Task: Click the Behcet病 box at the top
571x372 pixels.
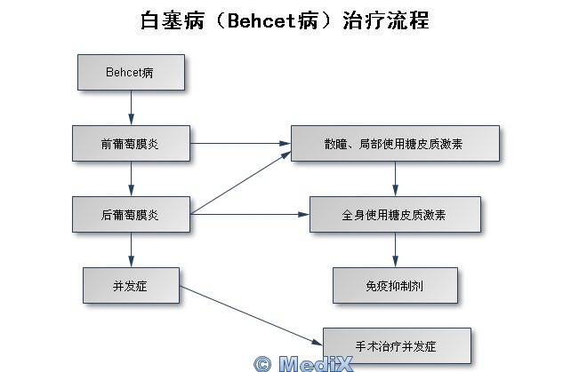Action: pos(131,72)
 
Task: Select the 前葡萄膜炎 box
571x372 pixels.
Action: pos(131,143)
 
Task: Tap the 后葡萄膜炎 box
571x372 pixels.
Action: pos(131,214)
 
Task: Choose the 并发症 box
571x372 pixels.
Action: pos(131,285)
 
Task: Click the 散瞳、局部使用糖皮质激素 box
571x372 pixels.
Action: pos(395,143)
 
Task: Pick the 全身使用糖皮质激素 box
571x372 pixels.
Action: pos(395,214)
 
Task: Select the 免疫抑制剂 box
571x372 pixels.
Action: pos(395,285)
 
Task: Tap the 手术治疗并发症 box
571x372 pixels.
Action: pos(396,344)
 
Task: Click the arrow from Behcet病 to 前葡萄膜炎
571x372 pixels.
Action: pos(131,107)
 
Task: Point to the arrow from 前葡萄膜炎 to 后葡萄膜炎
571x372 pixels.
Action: pos(131,178)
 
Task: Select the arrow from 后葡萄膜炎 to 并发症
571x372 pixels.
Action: pos(131,249)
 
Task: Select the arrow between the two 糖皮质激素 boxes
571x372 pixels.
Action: pos(395,178)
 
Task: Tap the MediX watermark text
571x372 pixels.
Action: pos(316,363)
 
